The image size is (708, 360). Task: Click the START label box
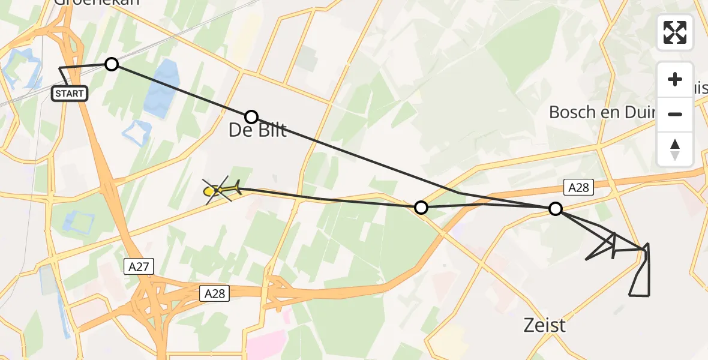(x=70, y=93)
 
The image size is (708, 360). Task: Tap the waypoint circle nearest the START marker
(x=112, y=64)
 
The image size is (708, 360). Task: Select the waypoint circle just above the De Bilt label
(x=251, y=116)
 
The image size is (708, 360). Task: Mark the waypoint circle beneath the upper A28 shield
(x=556, y=209)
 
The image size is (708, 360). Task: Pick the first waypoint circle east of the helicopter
(x=421, y=208)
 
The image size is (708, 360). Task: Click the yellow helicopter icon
(x=220, y=191)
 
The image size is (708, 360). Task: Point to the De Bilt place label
(x=258, y=130)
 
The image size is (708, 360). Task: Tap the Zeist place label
(x=544, y=325)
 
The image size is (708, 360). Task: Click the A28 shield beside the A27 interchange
(x=215, y=293)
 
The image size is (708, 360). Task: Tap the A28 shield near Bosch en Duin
(x=578, y=188)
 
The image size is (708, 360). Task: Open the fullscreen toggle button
(x=675, y=32)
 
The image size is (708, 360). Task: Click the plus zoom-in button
(x=675, y=79)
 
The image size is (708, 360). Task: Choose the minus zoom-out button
(x=675, y=114)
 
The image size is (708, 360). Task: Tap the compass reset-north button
(x=675, y=149)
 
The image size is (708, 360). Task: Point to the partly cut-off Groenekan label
(x=96, y=2)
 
